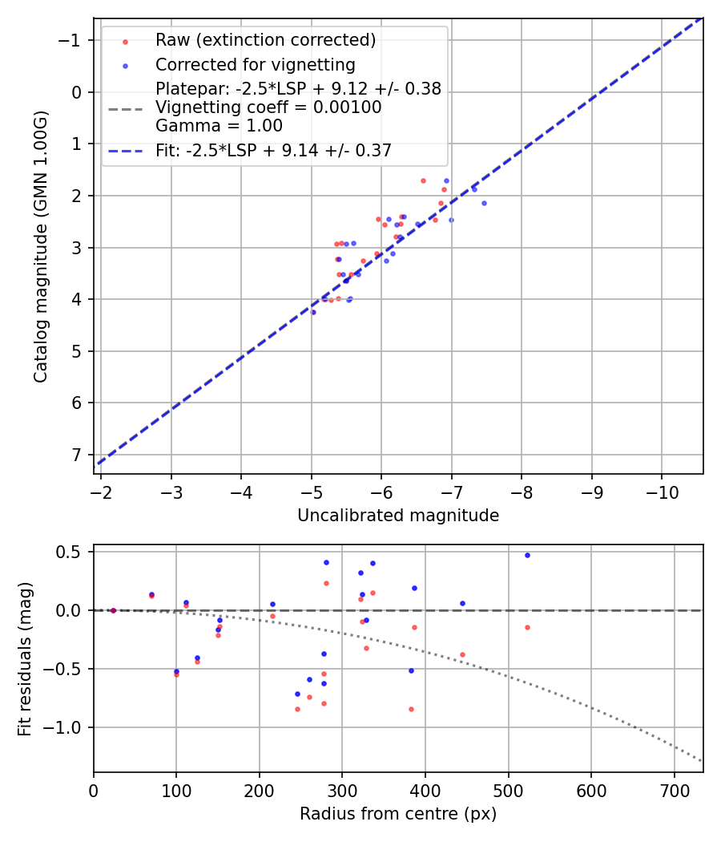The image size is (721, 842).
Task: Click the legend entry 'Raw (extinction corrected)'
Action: point(265,40)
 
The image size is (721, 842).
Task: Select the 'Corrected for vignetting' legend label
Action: point(255,64)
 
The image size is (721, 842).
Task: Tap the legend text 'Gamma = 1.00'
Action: point(219,126)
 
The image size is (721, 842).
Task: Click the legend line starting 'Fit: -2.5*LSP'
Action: point(273,150)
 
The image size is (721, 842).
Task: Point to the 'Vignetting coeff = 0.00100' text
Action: point(268,107)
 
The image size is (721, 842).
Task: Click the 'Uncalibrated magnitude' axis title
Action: point(398,516)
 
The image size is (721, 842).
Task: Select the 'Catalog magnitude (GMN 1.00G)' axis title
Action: point(41,246)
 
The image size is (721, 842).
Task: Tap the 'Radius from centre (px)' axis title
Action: point(398,814)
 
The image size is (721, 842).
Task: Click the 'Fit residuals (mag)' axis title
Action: point(25,659)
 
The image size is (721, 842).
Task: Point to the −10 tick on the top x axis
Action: point(662,490)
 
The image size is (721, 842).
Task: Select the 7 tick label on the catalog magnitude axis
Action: point(78,455)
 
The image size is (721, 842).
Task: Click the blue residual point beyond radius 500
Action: point(527,555)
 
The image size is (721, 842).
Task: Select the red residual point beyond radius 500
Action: point(527,627)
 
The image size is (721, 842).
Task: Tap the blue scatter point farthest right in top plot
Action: point(484,203)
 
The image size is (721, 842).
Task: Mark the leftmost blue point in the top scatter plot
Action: point(312,312)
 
